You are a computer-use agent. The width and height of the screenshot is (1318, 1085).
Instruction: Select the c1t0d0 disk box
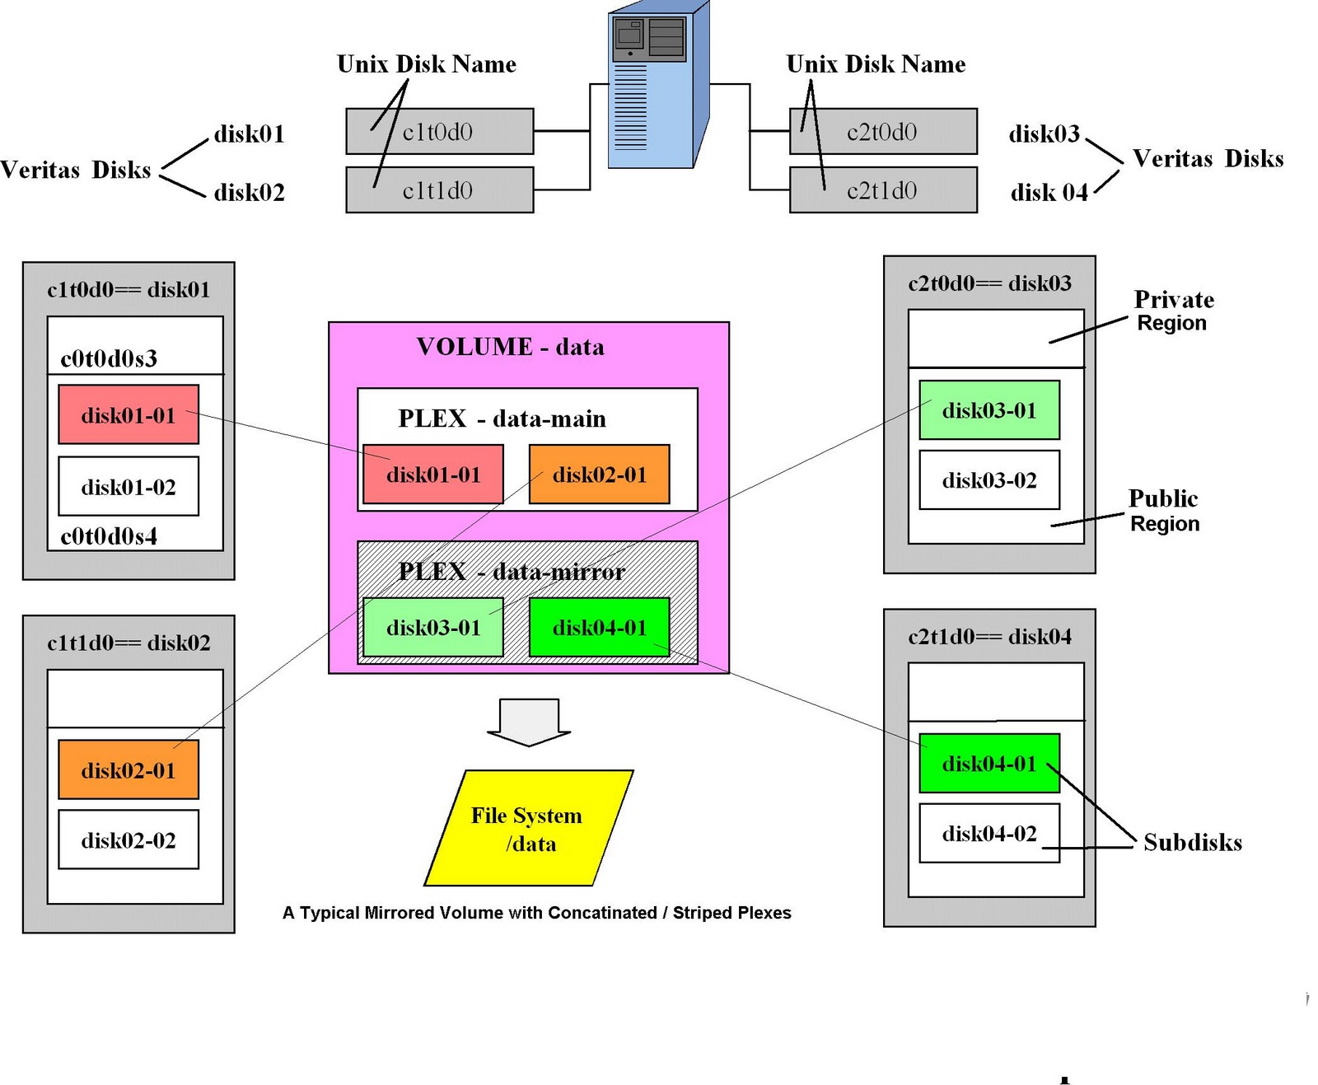pyautogui.click(x=439, y=131)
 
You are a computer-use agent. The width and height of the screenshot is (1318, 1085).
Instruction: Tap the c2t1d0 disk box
pyautogui.click(x=883, y=190)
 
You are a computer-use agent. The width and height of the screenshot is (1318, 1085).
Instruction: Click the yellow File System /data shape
pyautogui.click(x=528, y=828)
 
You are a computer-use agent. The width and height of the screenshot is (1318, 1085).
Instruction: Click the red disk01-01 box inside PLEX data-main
pyautogui.click(x=433, y=475)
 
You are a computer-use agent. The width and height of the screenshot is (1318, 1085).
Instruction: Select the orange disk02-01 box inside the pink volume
pyautogui.click(x=599, y=475)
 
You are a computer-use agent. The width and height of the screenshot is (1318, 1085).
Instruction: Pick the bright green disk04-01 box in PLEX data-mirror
pyautogui.click(x=599, y=628)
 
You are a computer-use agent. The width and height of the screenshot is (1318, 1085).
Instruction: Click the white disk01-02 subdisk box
pyautogui.click(x=129, y=487)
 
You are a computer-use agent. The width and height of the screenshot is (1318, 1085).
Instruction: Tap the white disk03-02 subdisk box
pyautogui.click(x=989, y=480)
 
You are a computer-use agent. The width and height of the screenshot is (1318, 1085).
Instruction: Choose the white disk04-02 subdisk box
pyautogui.click(x=989, y=834)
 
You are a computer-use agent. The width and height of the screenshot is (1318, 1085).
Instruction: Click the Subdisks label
pyautogui.click(x=1192, y=842)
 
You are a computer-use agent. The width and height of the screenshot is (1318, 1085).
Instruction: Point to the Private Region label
pyautogui.click(x=1173, y=311)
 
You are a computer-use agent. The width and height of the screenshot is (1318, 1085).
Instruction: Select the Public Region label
pyautogui.click(x=1163, y=511)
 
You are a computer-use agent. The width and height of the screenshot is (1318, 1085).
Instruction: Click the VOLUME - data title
pyautogui.click(x=510, y=346)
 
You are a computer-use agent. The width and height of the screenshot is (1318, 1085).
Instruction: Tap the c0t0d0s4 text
pyautogui.click(x=109, y=536)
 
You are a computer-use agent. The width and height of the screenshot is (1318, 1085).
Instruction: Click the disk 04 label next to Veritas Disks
pyautogui.click(x=1049, y=192)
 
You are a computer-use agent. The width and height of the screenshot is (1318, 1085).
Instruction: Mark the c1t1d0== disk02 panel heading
pyautogui.click(x=129, y=643)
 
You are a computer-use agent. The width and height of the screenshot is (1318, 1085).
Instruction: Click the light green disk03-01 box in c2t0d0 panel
pyautogui.click(x=989, y=410)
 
